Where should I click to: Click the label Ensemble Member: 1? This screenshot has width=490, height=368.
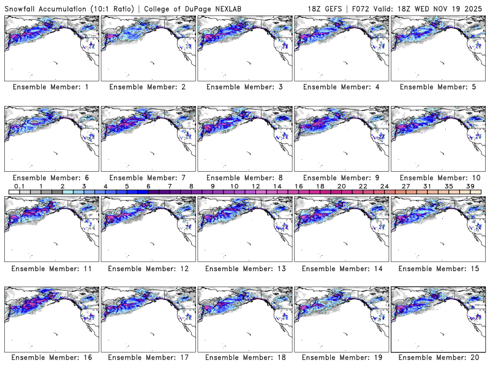click(50, 87)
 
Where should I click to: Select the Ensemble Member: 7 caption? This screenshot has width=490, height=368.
click(147, 177)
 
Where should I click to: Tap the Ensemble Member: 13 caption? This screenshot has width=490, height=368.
click(243, 268)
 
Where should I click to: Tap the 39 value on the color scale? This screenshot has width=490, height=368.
click(470, 186)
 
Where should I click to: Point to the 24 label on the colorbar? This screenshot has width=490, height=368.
click(384, 186)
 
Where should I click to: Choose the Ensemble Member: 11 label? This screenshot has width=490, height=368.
click(50, 268)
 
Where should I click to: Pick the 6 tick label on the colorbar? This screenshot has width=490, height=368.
click(148, 186)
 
